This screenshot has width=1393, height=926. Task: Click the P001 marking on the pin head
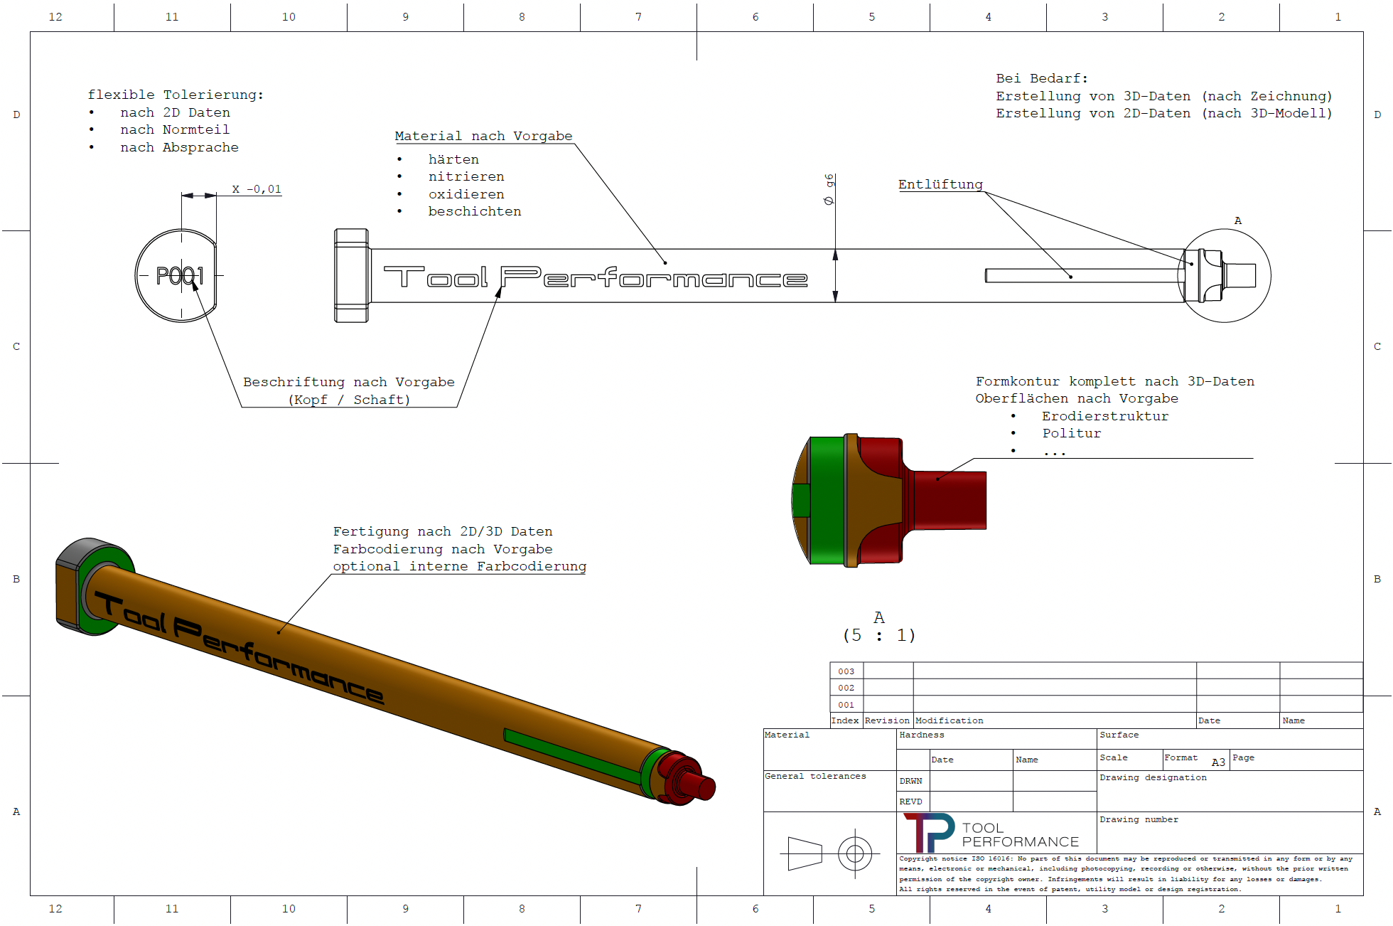click(180, 275)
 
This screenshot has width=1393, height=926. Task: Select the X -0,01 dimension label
click(257, 189)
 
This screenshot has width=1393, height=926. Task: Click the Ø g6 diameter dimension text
click(829, 190)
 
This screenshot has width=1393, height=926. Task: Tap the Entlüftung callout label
click(940, 184)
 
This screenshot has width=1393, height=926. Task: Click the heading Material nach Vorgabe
click(483, 136)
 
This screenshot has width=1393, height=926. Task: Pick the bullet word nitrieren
click(466, 176)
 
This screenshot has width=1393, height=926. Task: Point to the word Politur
click(1071, 433)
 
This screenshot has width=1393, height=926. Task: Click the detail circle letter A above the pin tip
click(1238, 220)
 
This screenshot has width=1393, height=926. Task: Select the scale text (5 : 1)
click(879, 635)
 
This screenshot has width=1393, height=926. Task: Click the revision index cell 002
click(846, 688)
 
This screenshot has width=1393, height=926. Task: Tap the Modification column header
click(949, 720)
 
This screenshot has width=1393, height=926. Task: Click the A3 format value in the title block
click(1218, 762)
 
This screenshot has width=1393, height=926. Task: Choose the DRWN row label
click(910, 781)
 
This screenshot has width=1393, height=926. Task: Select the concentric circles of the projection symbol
click(855, 853)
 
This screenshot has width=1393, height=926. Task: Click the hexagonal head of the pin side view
click(352, 275)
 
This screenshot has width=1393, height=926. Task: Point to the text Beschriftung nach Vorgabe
click(348, 382)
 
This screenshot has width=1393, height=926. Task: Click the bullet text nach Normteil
click(175, 129)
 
